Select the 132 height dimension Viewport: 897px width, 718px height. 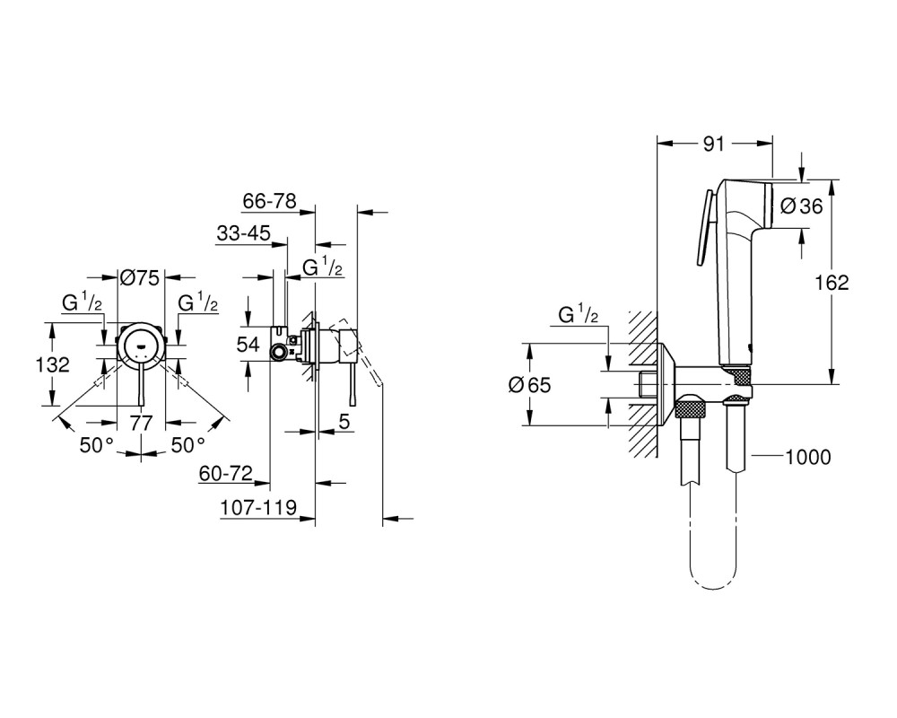tap(52, 364)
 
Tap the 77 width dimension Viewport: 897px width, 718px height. tap(141, 423)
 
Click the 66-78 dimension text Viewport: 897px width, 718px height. tap(269, 201)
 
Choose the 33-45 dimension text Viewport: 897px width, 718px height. tap(243, 233)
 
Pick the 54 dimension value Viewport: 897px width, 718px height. tap(248, 344)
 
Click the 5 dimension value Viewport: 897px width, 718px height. tap(344, 422)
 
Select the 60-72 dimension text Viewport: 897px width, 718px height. tap(226, 474)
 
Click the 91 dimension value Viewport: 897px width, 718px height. tap(713, 144)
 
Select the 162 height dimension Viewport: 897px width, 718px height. tap(832, 283)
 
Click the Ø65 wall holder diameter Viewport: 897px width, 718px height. tap(529, 385)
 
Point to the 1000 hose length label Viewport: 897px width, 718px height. tap(808, 457)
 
